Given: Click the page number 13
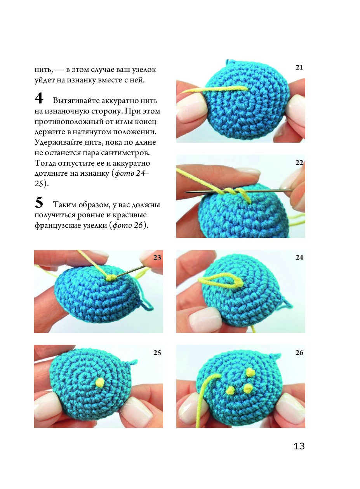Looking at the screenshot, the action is coord(299,446).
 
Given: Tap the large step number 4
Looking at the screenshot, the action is coord(39,98).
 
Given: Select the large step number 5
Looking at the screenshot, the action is coord(39,203).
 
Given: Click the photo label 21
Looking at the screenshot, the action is coord(299,68).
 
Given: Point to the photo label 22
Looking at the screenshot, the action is coord(299,162).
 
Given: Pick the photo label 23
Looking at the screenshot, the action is coord(157,258).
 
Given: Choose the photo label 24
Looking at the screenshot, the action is coord(299,258).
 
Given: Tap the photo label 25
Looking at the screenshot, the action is coord(157,353).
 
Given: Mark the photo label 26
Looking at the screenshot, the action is coord(299,353).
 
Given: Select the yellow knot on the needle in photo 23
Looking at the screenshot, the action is coord(111,278).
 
